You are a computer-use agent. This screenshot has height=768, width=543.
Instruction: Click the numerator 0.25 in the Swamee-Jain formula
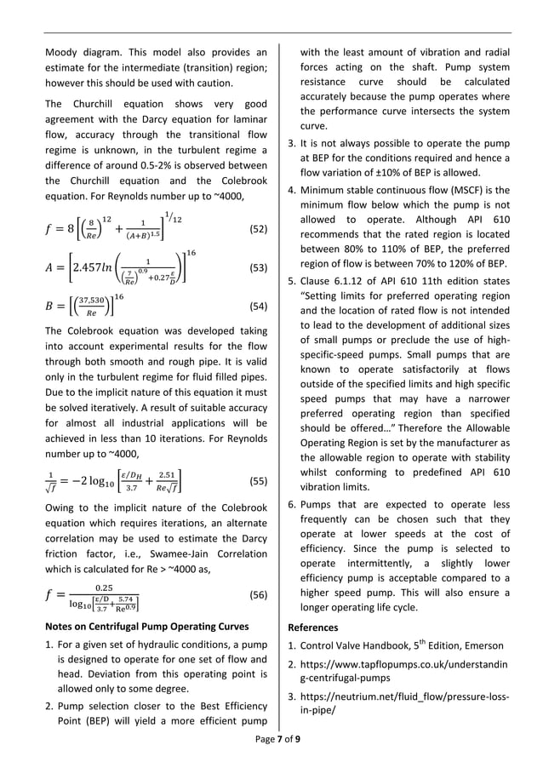pyautogui.click(x=104, y=587)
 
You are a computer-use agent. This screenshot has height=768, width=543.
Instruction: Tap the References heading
pyautogui.click(x=313, y=628)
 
